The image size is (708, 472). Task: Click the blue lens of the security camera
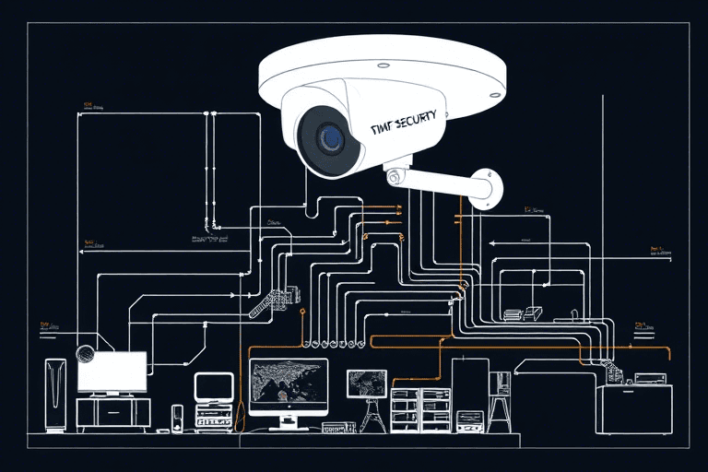point(329,138)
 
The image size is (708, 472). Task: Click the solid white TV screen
point(112,372)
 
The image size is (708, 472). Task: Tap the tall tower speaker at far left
point(55,395)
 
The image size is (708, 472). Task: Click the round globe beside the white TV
point(85,352)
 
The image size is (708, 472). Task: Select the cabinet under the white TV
point(112,411)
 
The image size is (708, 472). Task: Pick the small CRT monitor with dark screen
point(214,385)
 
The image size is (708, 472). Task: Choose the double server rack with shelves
point(420,409)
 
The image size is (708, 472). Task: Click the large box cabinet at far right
point(633,409)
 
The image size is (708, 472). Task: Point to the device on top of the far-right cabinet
point(649,378)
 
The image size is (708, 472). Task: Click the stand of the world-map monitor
point(288,422)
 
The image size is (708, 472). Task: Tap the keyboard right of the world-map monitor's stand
point(338,428)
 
